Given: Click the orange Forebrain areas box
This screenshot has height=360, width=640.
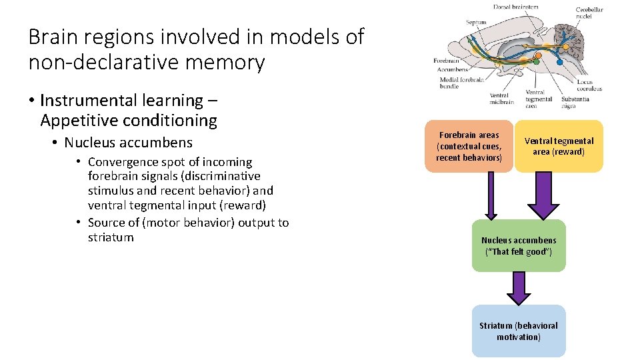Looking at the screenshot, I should click(469, 146).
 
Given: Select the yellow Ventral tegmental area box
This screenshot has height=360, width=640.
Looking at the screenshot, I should click(559, 146).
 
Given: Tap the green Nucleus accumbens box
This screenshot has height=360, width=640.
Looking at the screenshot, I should click(518, 245).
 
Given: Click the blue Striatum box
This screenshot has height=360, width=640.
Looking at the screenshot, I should click(518, 331).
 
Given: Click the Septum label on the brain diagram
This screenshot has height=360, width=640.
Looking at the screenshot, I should click(476, 23).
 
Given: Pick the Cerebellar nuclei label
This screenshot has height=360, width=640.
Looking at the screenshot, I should click(589, 13).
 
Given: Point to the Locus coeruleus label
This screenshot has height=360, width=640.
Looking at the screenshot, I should click(589, 84).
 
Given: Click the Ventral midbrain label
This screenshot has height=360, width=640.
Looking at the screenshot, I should click(503, 99).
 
